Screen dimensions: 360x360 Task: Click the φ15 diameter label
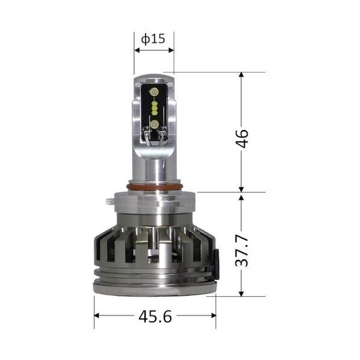[x=153, y=39]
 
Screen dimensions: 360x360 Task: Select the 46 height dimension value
[x=242, y=139]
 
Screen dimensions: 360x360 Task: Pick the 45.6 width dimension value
[x=155, y=317]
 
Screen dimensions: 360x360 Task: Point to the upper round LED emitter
[x=154, y=92]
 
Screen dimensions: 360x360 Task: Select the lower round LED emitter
[x=154, y=125]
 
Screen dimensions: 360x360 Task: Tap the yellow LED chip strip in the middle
[x=154, y=108]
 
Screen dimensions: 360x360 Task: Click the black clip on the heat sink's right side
[x=216, y=261]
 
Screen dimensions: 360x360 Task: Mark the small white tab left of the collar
[x=110, y=201]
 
